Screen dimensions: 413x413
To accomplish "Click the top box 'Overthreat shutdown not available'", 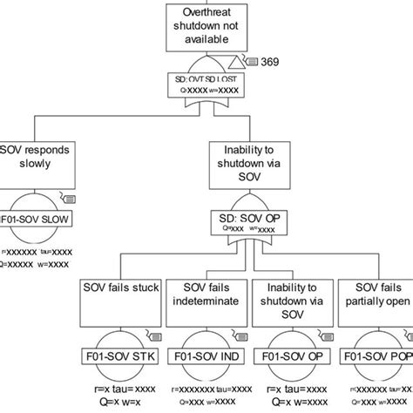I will click(206, 25).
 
